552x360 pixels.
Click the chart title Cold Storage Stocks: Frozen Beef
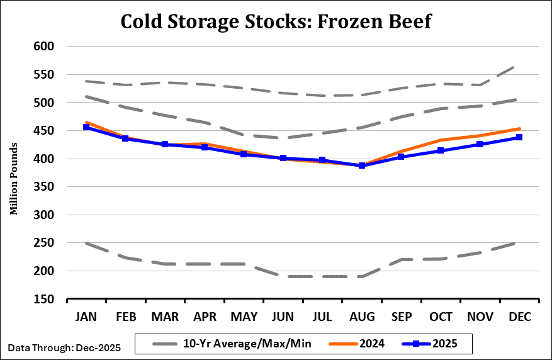[x=276, y=21]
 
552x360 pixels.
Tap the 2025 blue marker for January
[x=86, y=127]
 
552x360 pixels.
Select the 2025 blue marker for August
[x=362, y=166]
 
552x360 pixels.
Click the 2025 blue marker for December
[x=519, y=137]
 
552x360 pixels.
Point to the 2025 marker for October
[x=441, y=150]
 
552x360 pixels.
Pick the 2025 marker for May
[x=244, y=154]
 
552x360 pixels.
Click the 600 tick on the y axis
[x=44, y=47]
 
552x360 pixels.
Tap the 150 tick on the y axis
[x=44, y=300]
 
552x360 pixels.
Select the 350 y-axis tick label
[x=44, y=187]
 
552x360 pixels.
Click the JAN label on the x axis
[x=86, y=317]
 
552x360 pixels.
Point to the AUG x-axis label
[x=362, y=317]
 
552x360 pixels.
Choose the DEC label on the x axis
[x=519, y=317]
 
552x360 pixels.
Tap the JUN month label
[x=283, y=317]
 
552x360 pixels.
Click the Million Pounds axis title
[x=13, y=173]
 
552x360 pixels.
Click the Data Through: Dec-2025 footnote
[x=64, y=347]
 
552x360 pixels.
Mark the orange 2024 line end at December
[x=519, y=128]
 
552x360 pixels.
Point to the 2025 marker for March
[x=165, y=144]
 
